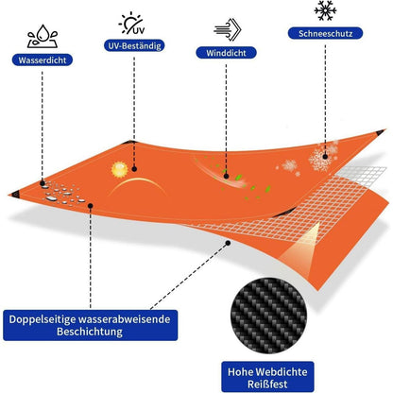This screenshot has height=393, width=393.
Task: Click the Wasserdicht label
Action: click(x=43, y=60)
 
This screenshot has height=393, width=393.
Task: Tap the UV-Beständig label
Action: click(x=134, y=45)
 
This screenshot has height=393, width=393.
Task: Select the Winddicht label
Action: click(x=226, y=53)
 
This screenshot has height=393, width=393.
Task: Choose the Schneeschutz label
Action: click(x=325, y=33)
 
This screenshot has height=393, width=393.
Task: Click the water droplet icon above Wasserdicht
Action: click(x=43, y=36)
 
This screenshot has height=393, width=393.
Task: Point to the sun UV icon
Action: click(x=132, y=23)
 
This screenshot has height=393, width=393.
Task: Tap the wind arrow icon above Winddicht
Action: click(x=228, y=29)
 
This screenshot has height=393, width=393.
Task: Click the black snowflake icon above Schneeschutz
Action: click(x=325, y=10)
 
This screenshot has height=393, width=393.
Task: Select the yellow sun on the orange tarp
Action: click(x=120, y=169)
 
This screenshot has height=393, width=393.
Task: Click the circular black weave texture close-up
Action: click(x=268, y=316)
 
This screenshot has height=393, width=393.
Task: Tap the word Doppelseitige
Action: click(x=42, y=319)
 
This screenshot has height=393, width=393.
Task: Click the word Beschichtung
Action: click(x=90, y=332)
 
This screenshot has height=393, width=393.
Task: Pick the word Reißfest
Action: click(x=267, y=384)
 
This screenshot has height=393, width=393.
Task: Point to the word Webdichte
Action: click(x=282, y=372)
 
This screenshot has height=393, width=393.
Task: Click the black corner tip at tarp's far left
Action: click(x=14, y=195)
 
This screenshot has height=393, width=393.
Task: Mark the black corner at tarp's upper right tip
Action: click(x=381, y=132)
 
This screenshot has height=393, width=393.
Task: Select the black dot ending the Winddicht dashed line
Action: click(x=226, y=176)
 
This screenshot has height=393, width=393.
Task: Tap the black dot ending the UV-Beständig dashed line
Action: click(x=134, y=169)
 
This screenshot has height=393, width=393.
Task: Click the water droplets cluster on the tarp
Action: click(x=62, y=193)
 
